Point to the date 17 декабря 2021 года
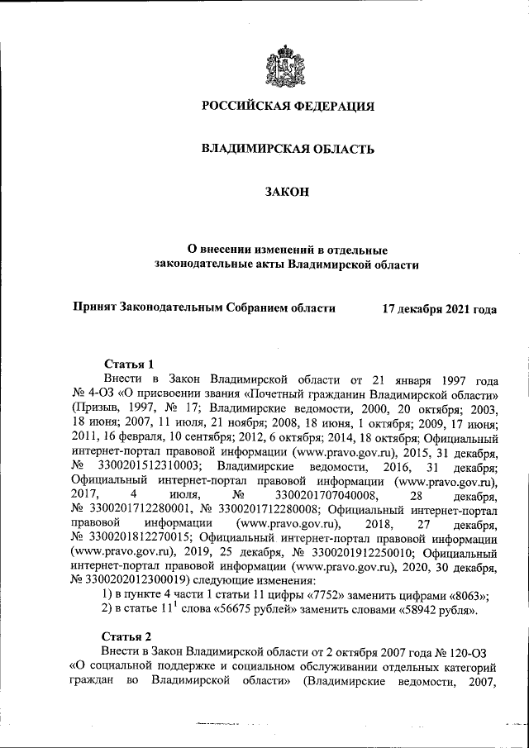pos(439,309)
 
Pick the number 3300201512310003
pos(141,467)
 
